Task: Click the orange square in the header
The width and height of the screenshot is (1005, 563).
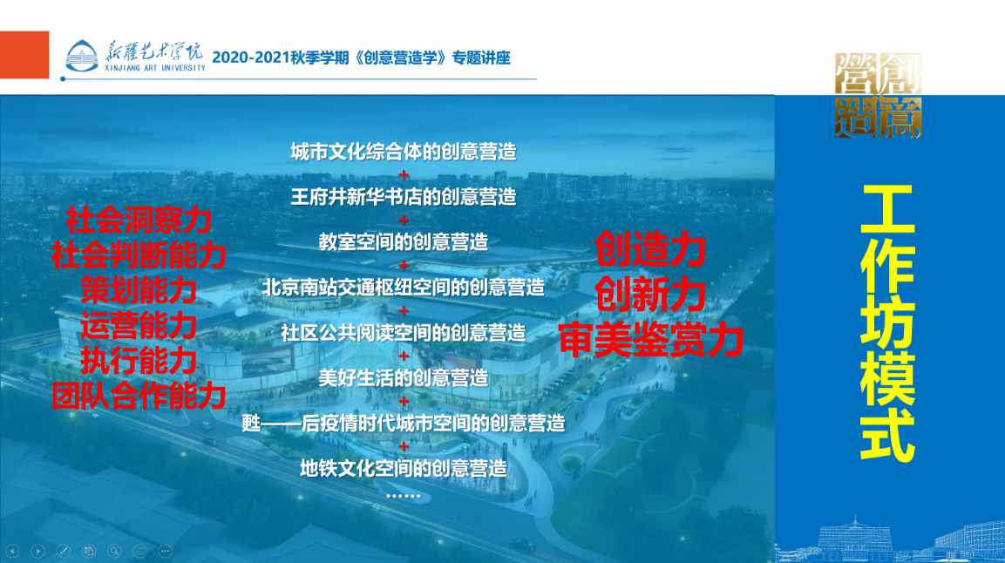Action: [24, 54]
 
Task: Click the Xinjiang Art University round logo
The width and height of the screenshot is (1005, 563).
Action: [82, 56]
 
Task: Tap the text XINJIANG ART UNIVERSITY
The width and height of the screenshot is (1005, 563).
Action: [155, 68]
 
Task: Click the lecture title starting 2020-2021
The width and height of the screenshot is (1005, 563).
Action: [362, 58]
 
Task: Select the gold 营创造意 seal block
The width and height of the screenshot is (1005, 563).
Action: [878, 96]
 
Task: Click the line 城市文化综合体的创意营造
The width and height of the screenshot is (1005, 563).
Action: [404, 152]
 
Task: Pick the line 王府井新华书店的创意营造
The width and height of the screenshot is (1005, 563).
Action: [404, 197]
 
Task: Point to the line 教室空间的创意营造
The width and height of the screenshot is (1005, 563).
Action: [404, 242]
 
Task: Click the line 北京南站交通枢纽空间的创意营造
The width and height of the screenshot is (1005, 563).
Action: [404, 287]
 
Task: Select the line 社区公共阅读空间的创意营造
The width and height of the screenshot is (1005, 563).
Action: [404, 332]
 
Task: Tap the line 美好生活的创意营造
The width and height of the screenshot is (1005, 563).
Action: [404, 378]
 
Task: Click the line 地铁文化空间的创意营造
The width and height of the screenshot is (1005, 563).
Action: [404, 468]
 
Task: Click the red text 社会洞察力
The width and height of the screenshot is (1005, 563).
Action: [139, 220]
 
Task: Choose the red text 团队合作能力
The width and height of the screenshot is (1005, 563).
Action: [139, 396]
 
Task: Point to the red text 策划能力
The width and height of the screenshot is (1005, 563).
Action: [139, 290]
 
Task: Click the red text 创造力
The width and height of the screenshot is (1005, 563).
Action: [650, 249]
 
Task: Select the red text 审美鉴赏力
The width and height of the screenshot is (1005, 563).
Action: [650, 340]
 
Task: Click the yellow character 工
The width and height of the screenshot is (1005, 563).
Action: [887, 209]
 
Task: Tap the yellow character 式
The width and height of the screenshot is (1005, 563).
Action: [887, 435]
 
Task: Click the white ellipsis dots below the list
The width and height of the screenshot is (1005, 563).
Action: [404, 496]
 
